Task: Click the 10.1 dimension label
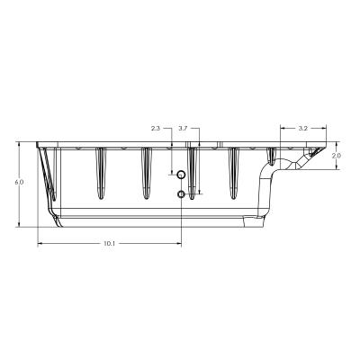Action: tap(109, 243)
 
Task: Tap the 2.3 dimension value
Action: tap(156, 129)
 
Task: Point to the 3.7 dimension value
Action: tap(183, 129)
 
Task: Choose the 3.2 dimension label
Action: tap(302, 129)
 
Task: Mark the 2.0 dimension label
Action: tap(336, 155)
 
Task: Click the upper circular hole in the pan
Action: tap(181, 175)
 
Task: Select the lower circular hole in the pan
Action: tap(181, 193)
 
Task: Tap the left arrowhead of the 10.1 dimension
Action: tap(40, 243)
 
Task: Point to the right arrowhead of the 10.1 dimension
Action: tap(178, 243)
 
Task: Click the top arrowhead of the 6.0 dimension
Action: tap(19, 145)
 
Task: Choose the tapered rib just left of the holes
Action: tap(146, 171)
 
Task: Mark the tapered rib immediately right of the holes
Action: tap(193, 171)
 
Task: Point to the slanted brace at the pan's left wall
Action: tap(48, 175)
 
